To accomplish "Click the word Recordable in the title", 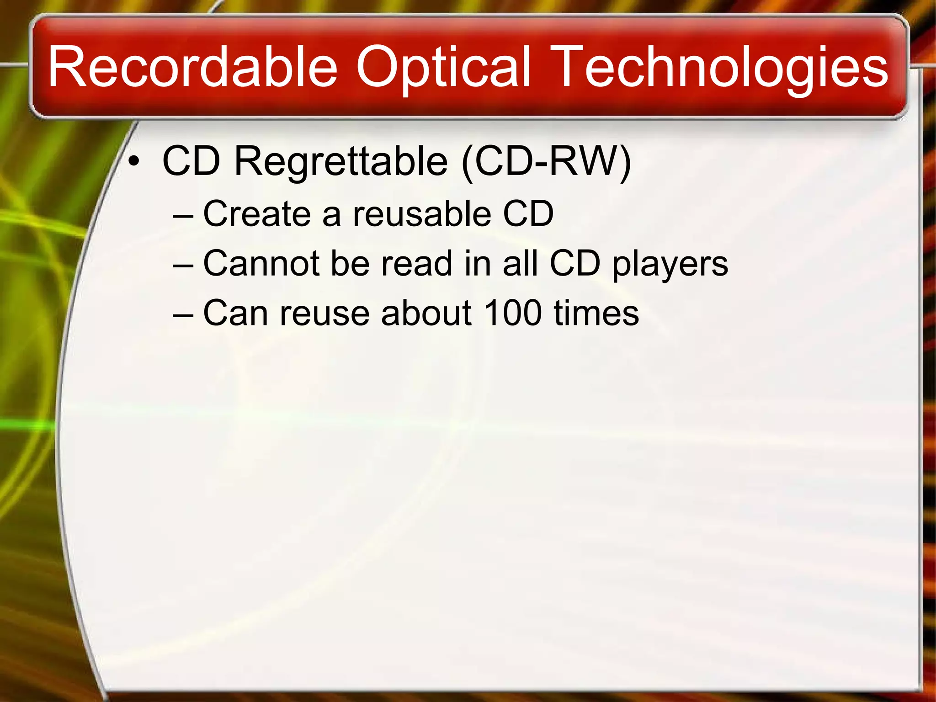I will [192, 68].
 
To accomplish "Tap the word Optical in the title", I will [443, 68].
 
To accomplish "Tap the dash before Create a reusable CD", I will [184, 215].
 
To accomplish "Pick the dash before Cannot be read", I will [184, 265].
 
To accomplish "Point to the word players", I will [670, 265].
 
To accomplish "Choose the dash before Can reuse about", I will [184, 315].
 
